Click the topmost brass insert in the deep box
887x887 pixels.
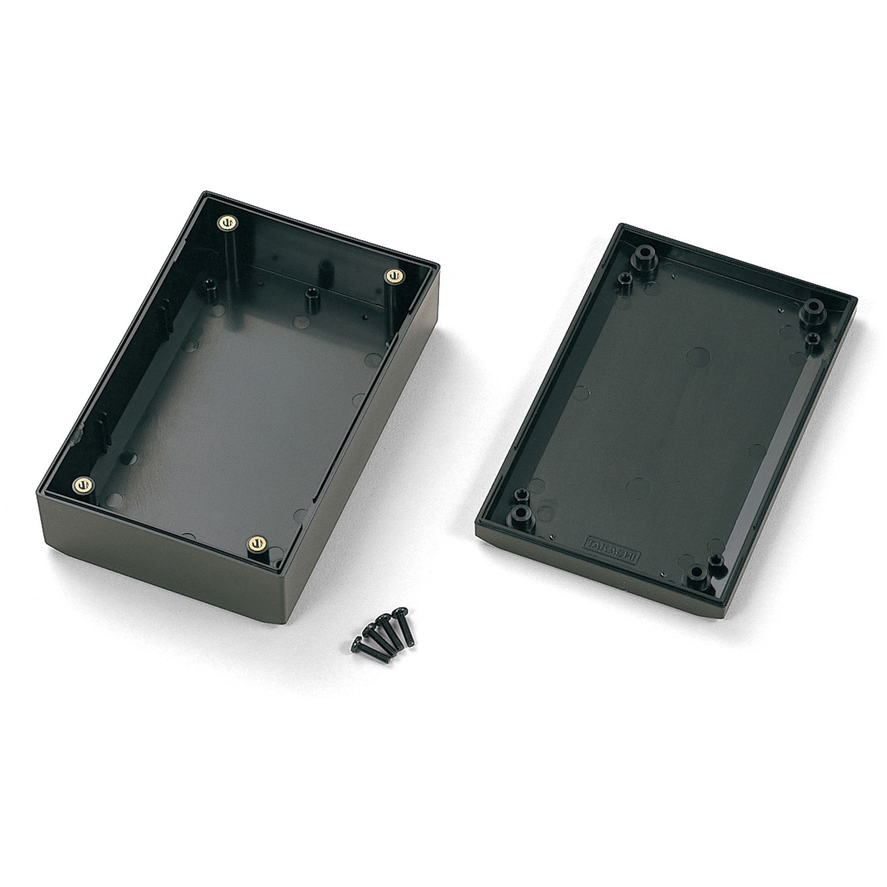point(226,222)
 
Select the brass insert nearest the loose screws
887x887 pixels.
point(258,542)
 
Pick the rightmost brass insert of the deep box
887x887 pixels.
point(394,275)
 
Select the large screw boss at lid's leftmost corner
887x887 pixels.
point(521,512)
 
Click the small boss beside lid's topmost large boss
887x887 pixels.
point(625,278)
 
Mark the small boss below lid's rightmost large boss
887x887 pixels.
point(812,339)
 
